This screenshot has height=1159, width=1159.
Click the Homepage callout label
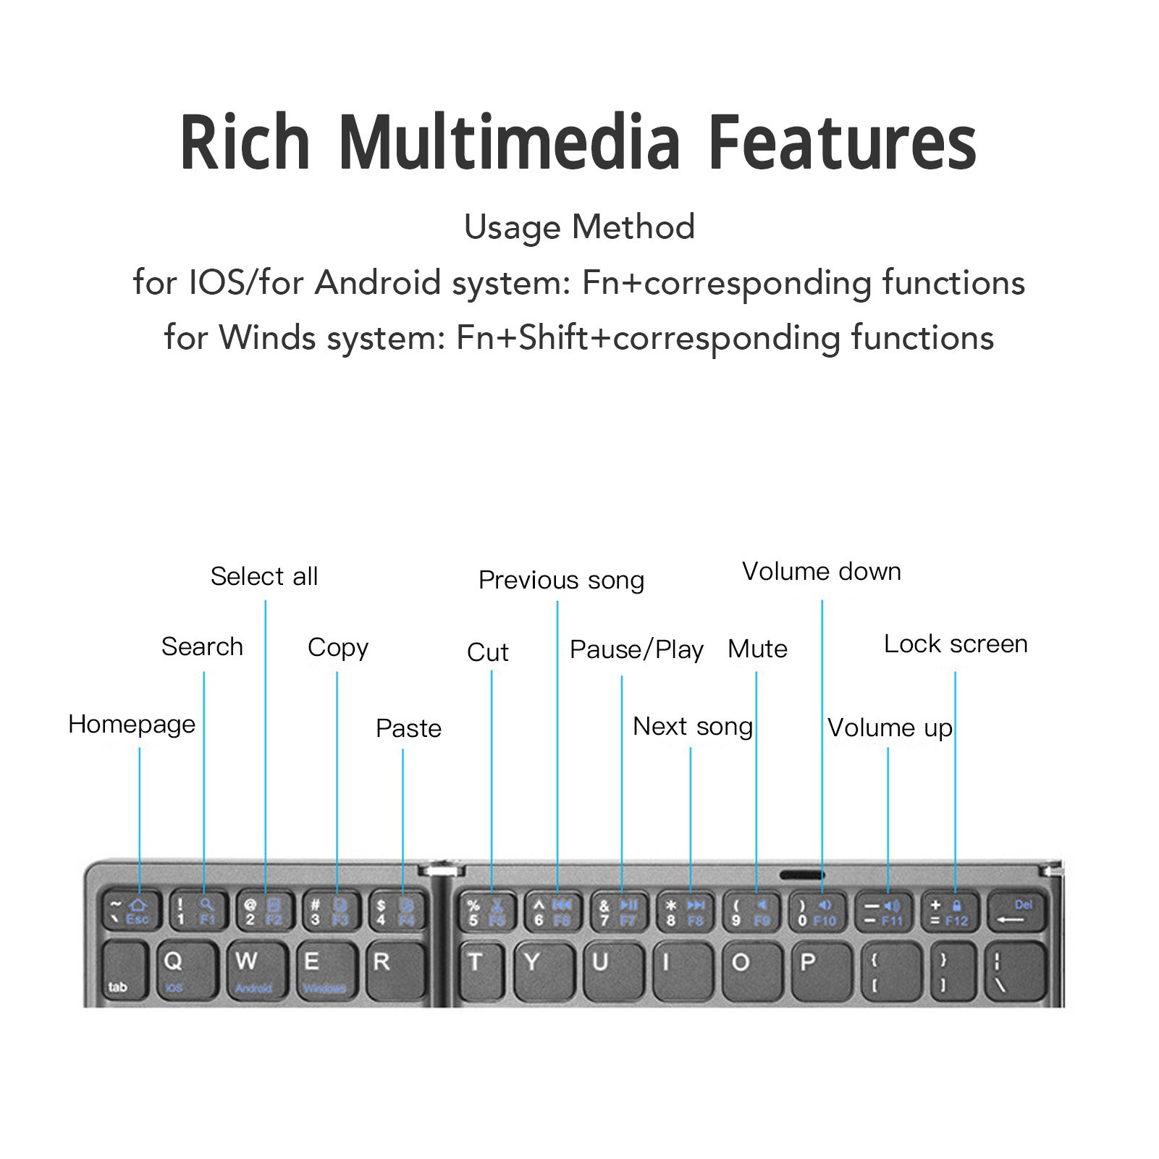coord(132,724)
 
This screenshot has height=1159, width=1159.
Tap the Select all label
coord(264,576)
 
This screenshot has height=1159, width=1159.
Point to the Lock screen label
coord(956,644)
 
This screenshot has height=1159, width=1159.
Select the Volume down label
coord(822,571)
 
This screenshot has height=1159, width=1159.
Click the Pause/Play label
coord(636,649)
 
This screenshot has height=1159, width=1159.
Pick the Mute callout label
coord(757,649)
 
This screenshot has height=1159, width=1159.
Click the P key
coord(818,970)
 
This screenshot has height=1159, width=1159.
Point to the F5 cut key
coord(486,912)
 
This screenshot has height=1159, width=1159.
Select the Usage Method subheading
coord(579,227)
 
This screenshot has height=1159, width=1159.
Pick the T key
coord(483,970)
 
